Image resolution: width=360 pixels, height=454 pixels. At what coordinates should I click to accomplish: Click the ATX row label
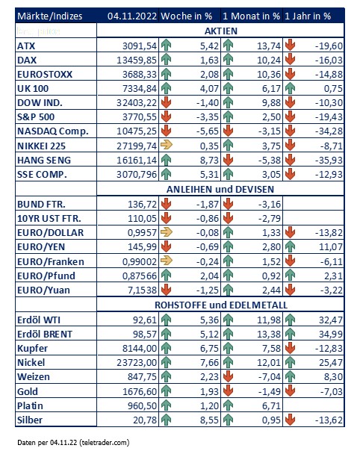[x=26, y=46]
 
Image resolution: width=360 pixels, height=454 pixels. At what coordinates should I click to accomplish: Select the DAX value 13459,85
[x=137, y=60]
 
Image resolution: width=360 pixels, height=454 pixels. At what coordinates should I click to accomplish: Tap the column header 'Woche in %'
[x=187, y=16]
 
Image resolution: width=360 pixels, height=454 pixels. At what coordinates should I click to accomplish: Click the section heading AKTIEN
[x=220, y=31]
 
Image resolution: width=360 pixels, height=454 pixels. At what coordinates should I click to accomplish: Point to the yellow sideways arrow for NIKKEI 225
[x=167, y=145]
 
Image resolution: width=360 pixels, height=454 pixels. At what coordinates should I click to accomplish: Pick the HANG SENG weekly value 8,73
[x=209, y=160]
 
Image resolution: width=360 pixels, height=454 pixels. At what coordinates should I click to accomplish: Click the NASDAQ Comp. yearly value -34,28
[x=329, y=131]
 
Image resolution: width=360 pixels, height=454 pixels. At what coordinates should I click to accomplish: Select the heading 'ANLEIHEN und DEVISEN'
[x=220, y=190]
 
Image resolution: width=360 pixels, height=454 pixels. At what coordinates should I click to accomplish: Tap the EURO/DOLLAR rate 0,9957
[x=142, y=233]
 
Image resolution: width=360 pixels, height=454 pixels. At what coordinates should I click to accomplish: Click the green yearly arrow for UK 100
[x=290, y=88]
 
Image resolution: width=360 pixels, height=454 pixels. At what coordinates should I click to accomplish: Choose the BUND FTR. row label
[x=41, y=205]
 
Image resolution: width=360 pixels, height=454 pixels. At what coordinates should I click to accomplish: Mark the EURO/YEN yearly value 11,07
[x=331, y=247]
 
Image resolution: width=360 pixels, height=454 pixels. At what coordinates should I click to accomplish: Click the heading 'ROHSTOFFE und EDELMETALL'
[x=221, y=305]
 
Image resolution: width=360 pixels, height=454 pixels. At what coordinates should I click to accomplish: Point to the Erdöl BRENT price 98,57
[x=144, y=334]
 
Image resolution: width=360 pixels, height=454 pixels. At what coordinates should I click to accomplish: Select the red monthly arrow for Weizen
[x=229, y=376]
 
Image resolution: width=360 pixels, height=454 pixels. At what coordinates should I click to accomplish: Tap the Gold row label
[x=28, y=391]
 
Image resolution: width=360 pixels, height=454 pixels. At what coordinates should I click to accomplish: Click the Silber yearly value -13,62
[x=329, y=420]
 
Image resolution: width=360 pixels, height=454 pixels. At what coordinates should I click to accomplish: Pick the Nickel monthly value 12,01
[x=269, y=362]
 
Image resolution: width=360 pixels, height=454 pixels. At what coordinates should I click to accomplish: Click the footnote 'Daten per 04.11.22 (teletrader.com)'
[x=73, y=443]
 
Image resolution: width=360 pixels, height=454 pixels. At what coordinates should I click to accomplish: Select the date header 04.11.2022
[x=132, y=16]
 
